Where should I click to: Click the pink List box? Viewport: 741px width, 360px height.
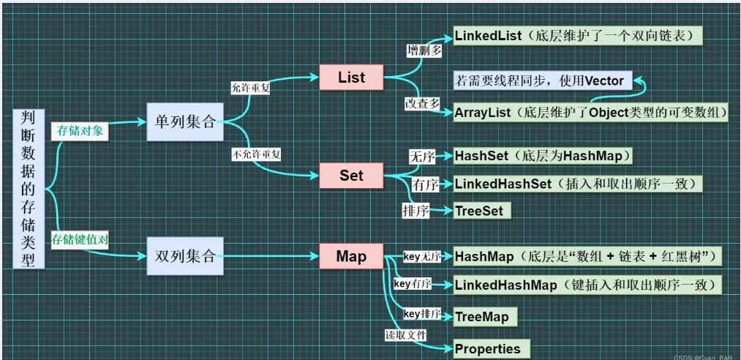[x=351, y=78]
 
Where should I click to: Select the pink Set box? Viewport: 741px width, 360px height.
[x=351, y=176]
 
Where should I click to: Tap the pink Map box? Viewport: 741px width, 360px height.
[x=351, y=256]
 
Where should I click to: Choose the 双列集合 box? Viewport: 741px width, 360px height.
[x=185, y=256]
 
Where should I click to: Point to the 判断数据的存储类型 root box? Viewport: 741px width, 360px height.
[x=29, y=189]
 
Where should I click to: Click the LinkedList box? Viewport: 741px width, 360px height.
[x=579, y=35]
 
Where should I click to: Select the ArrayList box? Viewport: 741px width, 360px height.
[x=591, y=113]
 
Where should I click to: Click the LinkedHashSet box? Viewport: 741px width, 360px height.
[x=577, y=184]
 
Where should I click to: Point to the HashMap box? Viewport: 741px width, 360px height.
[x=588, y=257]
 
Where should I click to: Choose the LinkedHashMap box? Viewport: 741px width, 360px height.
[x=587, y=285]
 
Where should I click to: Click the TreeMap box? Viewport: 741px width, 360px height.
[x=484, y=317]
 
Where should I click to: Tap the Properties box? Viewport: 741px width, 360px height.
[x=489, y=348]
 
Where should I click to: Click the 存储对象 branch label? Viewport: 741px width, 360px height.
[x=80, y=131]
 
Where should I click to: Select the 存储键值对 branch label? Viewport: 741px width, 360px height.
[x=80, y=239]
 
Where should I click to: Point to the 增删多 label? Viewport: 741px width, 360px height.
[x=424, y=50]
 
